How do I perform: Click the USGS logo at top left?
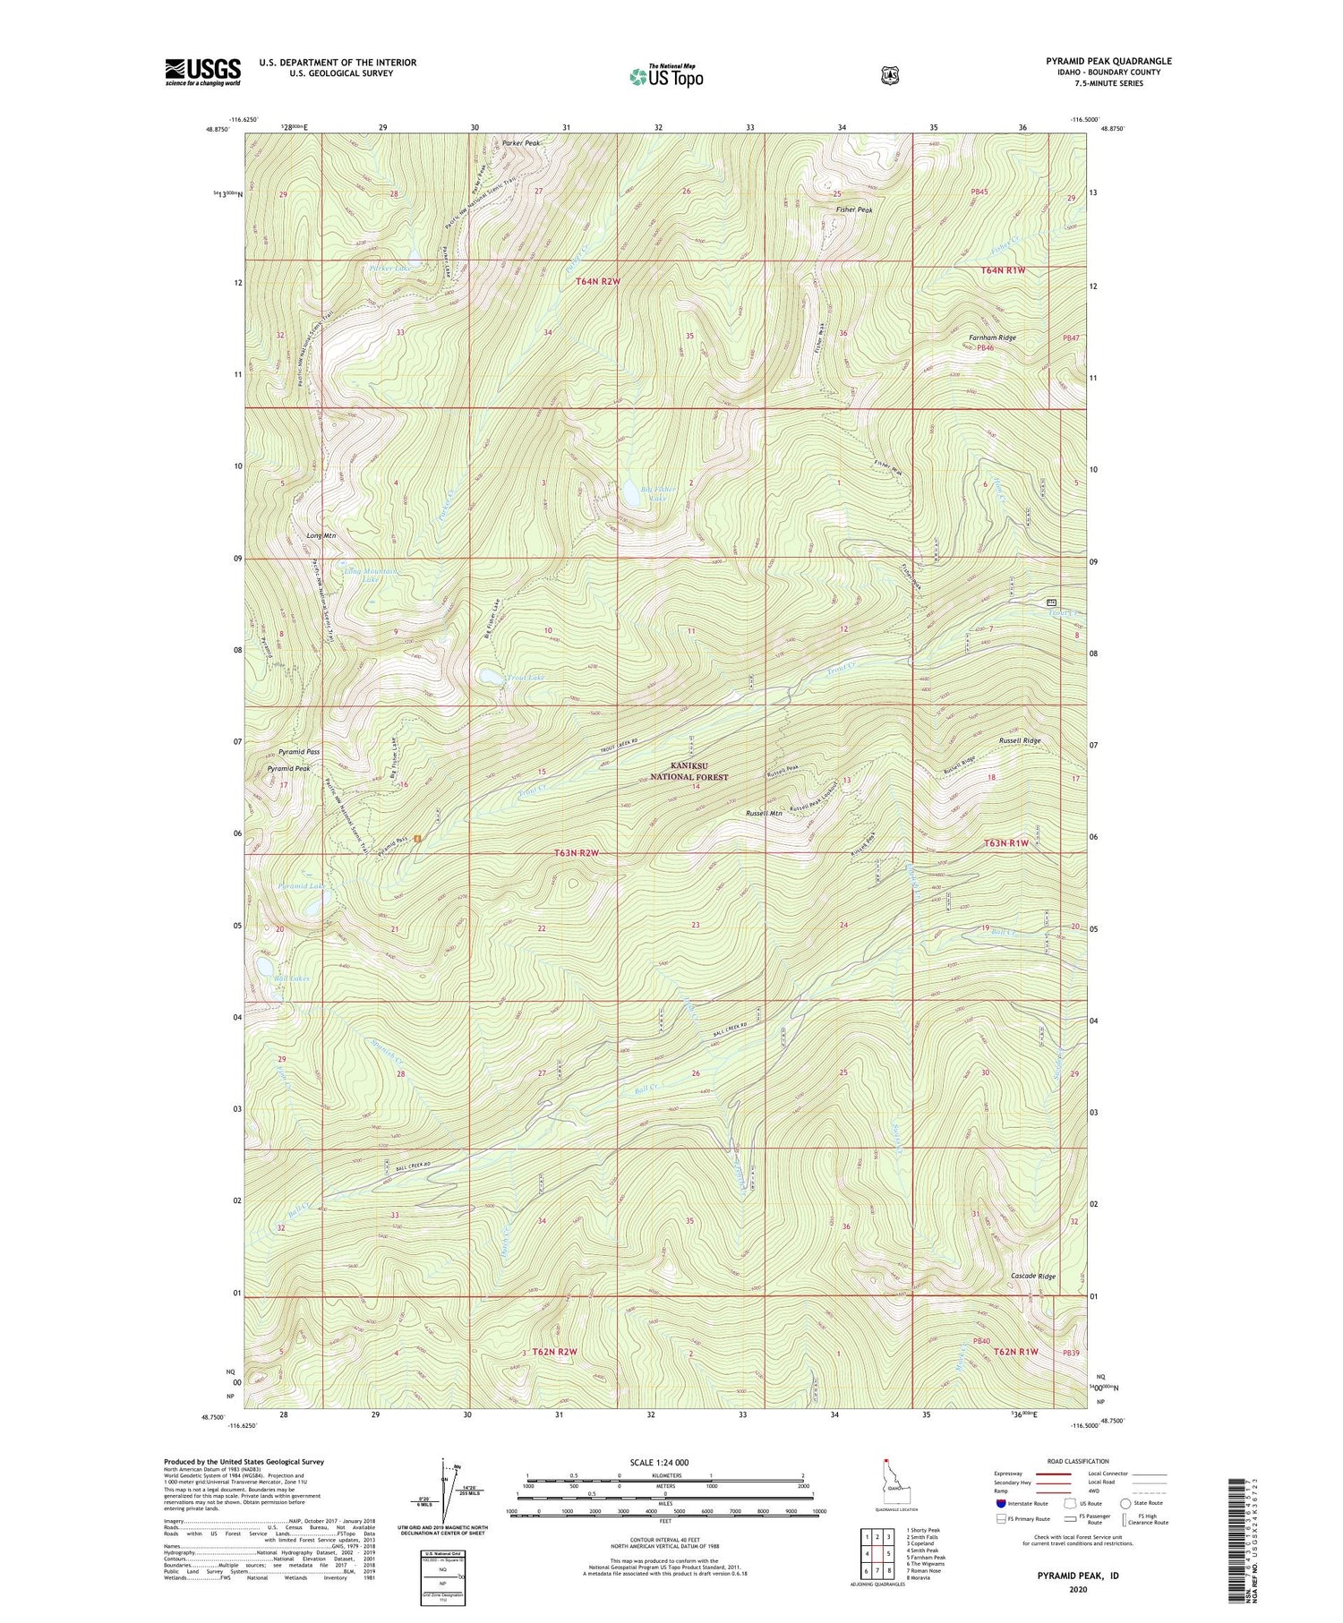(x=202, y=72)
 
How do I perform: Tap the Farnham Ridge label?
(x=992, y=337)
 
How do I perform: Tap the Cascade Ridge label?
(x=1033, y=1277)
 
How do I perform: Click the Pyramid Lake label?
(x=299, y=885)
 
